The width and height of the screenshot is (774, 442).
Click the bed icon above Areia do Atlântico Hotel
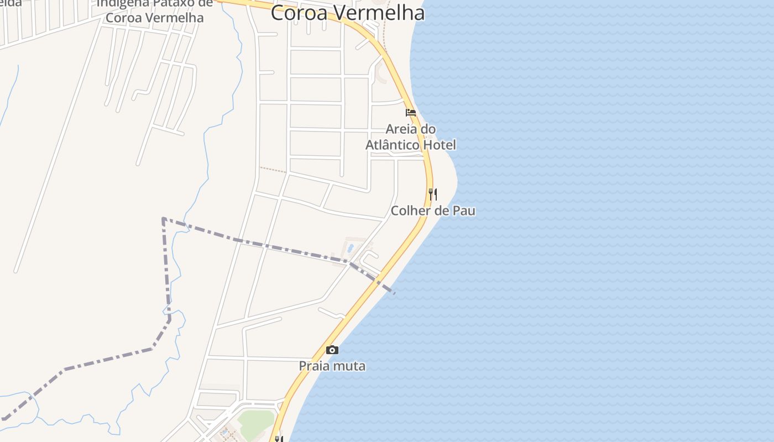pos(411,113)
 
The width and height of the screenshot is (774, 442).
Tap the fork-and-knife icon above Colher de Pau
pos(433,194)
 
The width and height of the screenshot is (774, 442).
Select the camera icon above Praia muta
pos(332,350)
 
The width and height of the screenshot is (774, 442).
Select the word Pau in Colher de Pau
pos(464,211)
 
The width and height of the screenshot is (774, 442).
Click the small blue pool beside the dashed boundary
pos(350,247)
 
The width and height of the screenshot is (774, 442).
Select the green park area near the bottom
pos(255,421)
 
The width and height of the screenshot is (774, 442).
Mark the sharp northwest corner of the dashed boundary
pos(163,219)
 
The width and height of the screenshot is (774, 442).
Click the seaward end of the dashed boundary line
pos(394,292)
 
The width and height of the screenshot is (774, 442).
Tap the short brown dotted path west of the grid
pos(273,170)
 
